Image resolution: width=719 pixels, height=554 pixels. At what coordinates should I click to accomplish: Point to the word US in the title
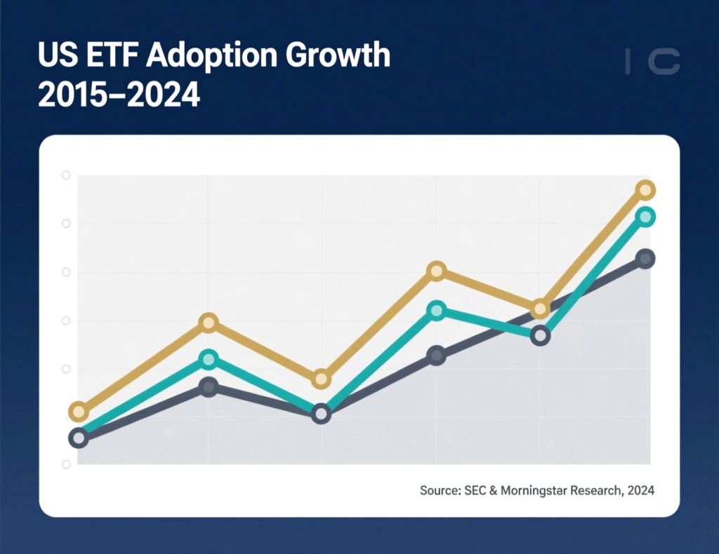[55, 55]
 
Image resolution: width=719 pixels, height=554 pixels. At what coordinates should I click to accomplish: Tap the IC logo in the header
[652, 62]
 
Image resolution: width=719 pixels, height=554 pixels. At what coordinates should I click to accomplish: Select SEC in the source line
[477, 490]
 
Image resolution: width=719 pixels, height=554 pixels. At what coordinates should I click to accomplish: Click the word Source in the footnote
[440, 490]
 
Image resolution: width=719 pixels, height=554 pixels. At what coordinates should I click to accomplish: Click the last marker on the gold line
[645, 190]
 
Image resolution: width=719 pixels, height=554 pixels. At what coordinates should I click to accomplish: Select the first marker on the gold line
[79, 412]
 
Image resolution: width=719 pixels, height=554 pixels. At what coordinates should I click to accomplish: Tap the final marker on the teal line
[645, 217]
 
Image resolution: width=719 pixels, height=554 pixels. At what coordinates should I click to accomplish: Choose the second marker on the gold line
[209, 323]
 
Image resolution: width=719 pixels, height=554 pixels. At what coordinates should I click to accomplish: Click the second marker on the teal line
[209, 360]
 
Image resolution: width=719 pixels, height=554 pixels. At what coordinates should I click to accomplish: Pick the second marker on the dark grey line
[209, 387]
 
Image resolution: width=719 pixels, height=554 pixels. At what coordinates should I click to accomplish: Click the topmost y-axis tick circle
[66, 175]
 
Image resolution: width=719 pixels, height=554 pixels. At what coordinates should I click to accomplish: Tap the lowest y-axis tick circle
[66, 464]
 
